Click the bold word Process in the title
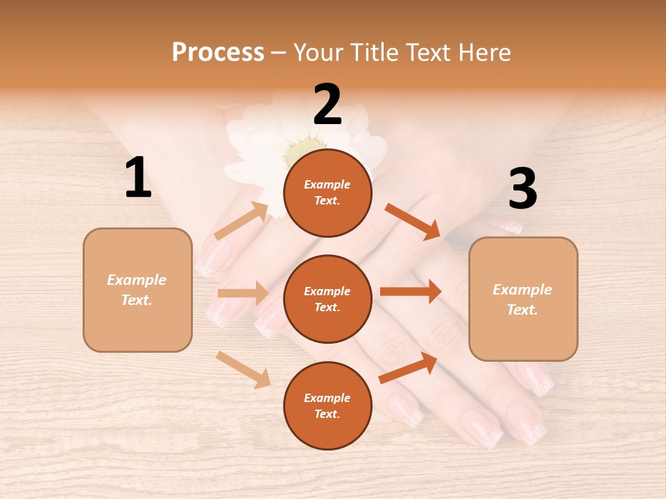point(218,52)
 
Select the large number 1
point(138,178)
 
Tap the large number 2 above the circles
point(327,105)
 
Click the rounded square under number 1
point(137,290)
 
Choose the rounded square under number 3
point(523,299)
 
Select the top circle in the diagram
point(327,193)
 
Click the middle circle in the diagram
point(327,299)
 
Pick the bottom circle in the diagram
point(327,405)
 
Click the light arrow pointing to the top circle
point(241,221)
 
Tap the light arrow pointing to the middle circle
point(243,292)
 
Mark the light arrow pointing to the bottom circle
point(243,369)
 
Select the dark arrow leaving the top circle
point(412,221)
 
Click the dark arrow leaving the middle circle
point(411,291)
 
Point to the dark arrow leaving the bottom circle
point(408,367)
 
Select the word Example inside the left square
point(137,280)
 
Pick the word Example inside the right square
point(522,290)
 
